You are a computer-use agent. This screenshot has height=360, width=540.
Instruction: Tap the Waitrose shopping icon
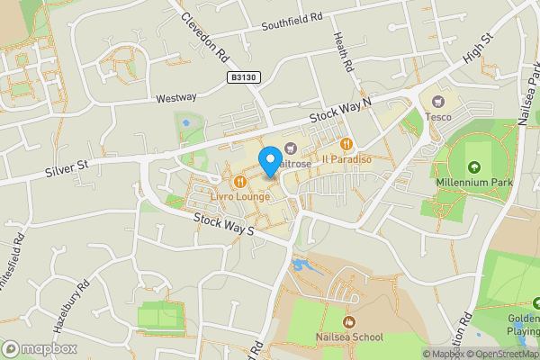[290, 148]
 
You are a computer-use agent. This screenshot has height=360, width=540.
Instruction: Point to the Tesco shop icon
[438, 103]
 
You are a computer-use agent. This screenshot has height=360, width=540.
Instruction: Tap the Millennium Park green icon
[474, 167]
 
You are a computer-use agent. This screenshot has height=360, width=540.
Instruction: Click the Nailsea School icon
[349, 322]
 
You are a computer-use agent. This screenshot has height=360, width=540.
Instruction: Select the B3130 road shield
[243, 79]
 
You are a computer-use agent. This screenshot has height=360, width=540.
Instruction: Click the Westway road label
[175, 98]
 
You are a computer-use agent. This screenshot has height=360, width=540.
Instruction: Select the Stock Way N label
[340, 112]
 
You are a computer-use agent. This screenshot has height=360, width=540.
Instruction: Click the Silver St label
[69, 166]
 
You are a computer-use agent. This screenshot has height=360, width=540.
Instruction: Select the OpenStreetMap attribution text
[499, 354]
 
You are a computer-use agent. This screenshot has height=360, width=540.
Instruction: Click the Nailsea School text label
[349, 337]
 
